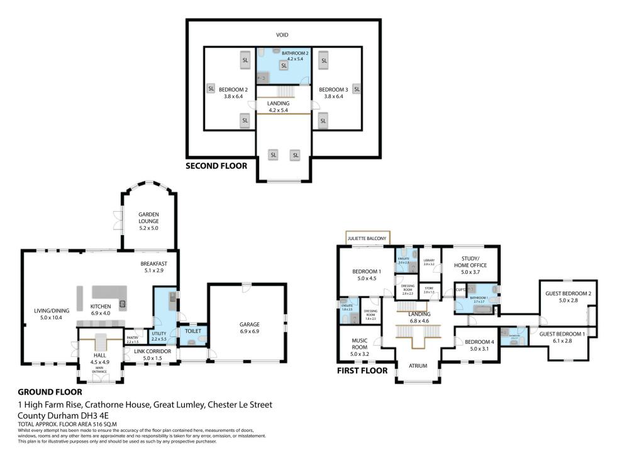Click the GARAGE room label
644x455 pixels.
click(249, 325)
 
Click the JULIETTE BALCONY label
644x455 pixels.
click(367, 239)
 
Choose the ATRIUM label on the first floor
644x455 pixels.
click(414, 365)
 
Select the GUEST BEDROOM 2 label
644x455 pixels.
click(563, 293)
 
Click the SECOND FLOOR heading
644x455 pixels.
click(216, 167)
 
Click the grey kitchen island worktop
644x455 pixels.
click(109, 292)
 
